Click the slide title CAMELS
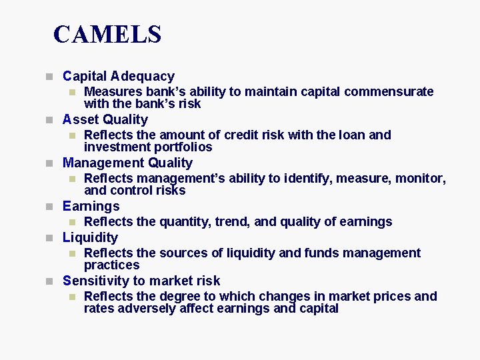click(x=107, y=34)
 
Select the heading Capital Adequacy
click(x=118, y=77)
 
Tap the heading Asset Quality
click(x=105, y=120)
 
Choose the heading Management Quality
click(x=127, y=163)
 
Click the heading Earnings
click(x=91, y=207)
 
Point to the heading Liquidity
click(x=90, y=238)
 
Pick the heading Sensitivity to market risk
click(x=141, y=281)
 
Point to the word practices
click(x=111, y=265)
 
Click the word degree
click(x=175, y=297)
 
